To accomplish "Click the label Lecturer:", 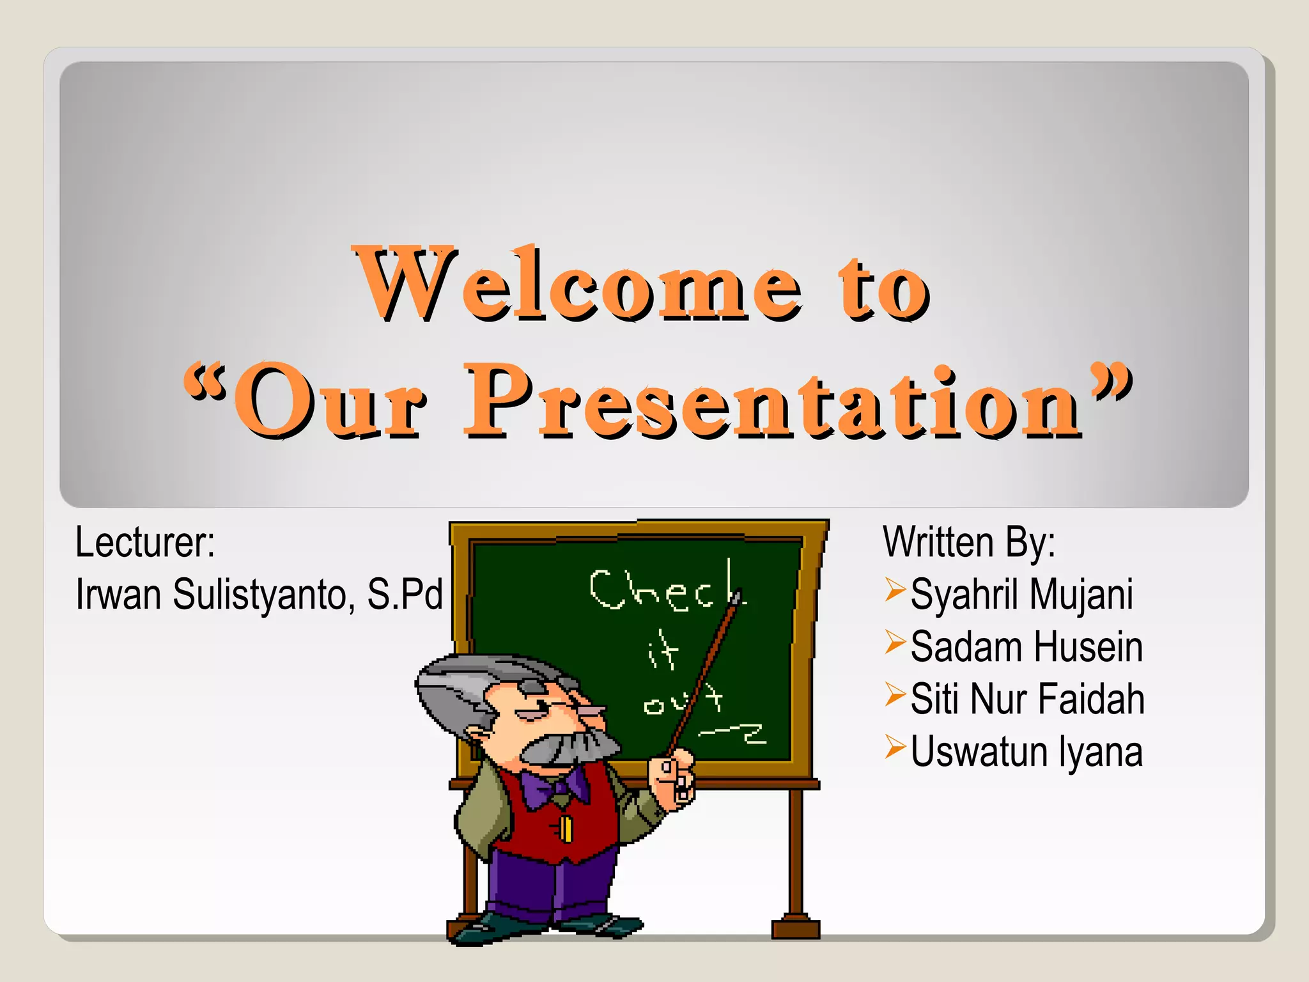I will tap(145, 543).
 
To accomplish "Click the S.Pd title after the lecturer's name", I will tap(405, 595).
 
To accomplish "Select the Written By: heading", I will tap(968, 543).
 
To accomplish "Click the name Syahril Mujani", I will tap(1021, 595).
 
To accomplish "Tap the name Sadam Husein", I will tap(1026, 647).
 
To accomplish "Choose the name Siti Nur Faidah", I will tap(1027, 699).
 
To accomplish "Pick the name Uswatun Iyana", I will tap(1026, 752).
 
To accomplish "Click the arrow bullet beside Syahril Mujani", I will tap(895, 589).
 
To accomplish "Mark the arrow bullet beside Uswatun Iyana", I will tap(895, 747).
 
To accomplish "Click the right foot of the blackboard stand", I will tap(795, 927).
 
